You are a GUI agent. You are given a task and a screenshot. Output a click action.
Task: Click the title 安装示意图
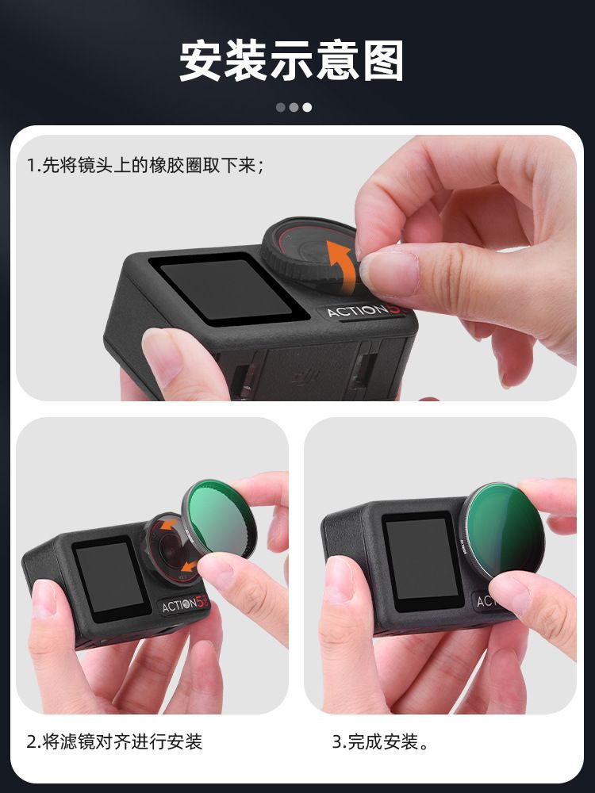[291, 61]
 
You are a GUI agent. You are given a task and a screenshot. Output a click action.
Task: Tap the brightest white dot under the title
[307, 107]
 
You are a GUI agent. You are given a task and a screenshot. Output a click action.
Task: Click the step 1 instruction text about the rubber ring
[145, 166]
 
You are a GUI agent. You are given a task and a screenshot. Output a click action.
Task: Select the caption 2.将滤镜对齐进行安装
[114, 742]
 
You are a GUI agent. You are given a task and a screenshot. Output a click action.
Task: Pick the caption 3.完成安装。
[381, 742]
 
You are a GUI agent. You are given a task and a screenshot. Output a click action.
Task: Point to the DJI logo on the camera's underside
[305, 377]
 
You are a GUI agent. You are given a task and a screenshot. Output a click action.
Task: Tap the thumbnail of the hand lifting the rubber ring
[390, 272]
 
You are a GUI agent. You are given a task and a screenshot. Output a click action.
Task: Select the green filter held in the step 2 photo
[219, 519]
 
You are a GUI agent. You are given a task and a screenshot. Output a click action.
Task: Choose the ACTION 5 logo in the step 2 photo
[184, 603]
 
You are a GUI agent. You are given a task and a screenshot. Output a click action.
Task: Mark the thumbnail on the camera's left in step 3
[337, 580]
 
